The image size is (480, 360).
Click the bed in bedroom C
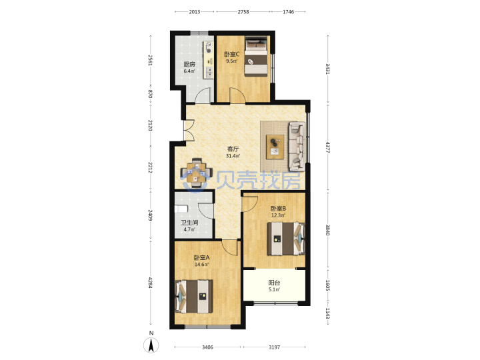click(256, 57)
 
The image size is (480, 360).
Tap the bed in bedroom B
click(286, 239)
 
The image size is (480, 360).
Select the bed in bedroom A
click(193, 296)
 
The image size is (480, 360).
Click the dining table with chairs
click(196, 173)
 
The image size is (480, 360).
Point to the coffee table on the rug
click(275, 147)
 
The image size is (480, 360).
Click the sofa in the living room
click(297, 146)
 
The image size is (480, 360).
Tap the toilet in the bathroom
click(181, 209)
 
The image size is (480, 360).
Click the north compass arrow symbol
click(151, 345)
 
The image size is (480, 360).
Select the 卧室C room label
click(232, 55)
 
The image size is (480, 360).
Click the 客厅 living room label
click(233, 149)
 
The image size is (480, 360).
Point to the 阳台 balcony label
click(274, 283)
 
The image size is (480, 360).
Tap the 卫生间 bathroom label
click(189, 223)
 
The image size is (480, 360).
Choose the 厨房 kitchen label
click(189, 64)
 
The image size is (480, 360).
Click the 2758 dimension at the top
click(243, 12)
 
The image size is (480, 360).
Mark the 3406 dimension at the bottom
click(207, 347)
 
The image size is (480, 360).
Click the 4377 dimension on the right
click(327, 147)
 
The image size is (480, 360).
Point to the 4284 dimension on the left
click(150, 283)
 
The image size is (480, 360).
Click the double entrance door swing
click(189, 131)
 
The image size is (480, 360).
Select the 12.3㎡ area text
click(278, 215)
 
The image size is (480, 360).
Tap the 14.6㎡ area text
click(202, 265)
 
